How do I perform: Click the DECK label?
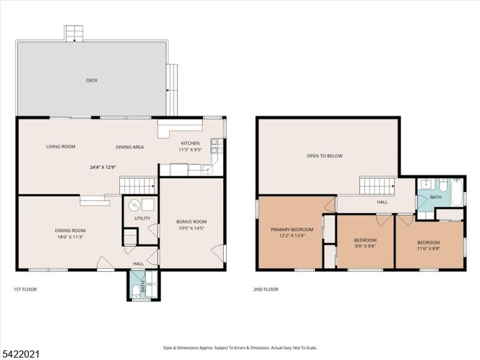91,81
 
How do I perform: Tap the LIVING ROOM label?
61,147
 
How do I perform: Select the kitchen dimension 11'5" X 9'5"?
190,150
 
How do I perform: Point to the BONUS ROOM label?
191,222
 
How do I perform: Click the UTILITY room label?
142,218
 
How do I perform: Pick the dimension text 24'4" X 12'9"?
102,167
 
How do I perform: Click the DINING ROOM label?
70,231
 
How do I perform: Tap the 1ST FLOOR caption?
25,289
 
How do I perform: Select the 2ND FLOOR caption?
266,289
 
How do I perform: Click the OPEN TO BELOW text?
324,156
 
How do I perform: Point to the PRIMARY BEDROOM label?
292,229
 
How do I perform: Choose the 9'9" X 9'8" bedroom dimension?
365,246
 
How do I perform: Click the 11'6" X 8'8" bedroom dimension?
429,249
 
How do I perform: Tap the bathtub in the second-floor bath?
456,192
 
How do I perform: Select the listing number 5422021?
19,354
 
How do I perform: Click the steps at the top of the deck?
74,33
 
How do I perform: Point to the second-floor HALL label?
382,202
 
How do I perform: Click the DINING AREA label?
130,147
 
